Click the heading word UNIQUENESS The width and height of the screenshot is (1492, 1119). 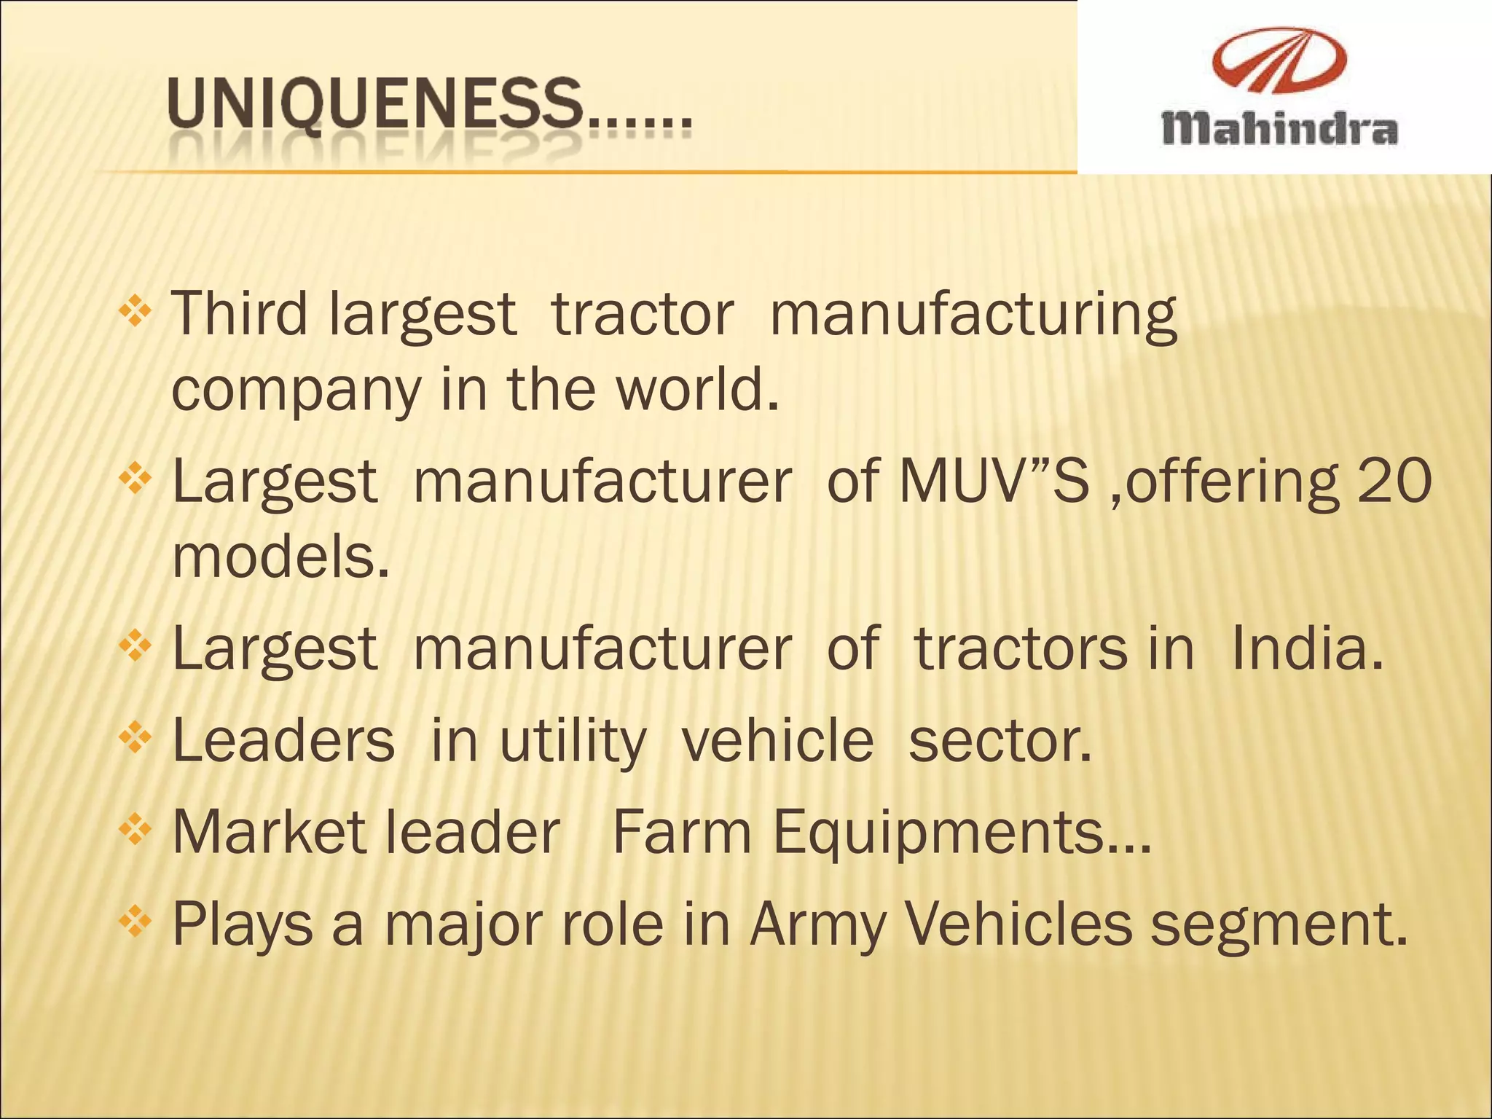(375, 109)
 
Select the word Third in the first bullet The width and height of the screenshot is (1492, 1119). (240, 314)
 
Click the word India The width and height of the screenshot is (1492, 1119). (1307, 648)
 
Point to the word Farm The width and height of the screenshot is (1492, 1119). (681, 833)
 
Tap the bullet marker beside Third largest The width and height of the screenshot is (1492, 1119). (135, 313)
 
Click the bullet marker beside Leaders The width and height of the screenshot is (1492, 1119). (135, 739)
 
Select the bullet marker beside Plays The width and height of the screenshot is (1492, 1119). (135, 922)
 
